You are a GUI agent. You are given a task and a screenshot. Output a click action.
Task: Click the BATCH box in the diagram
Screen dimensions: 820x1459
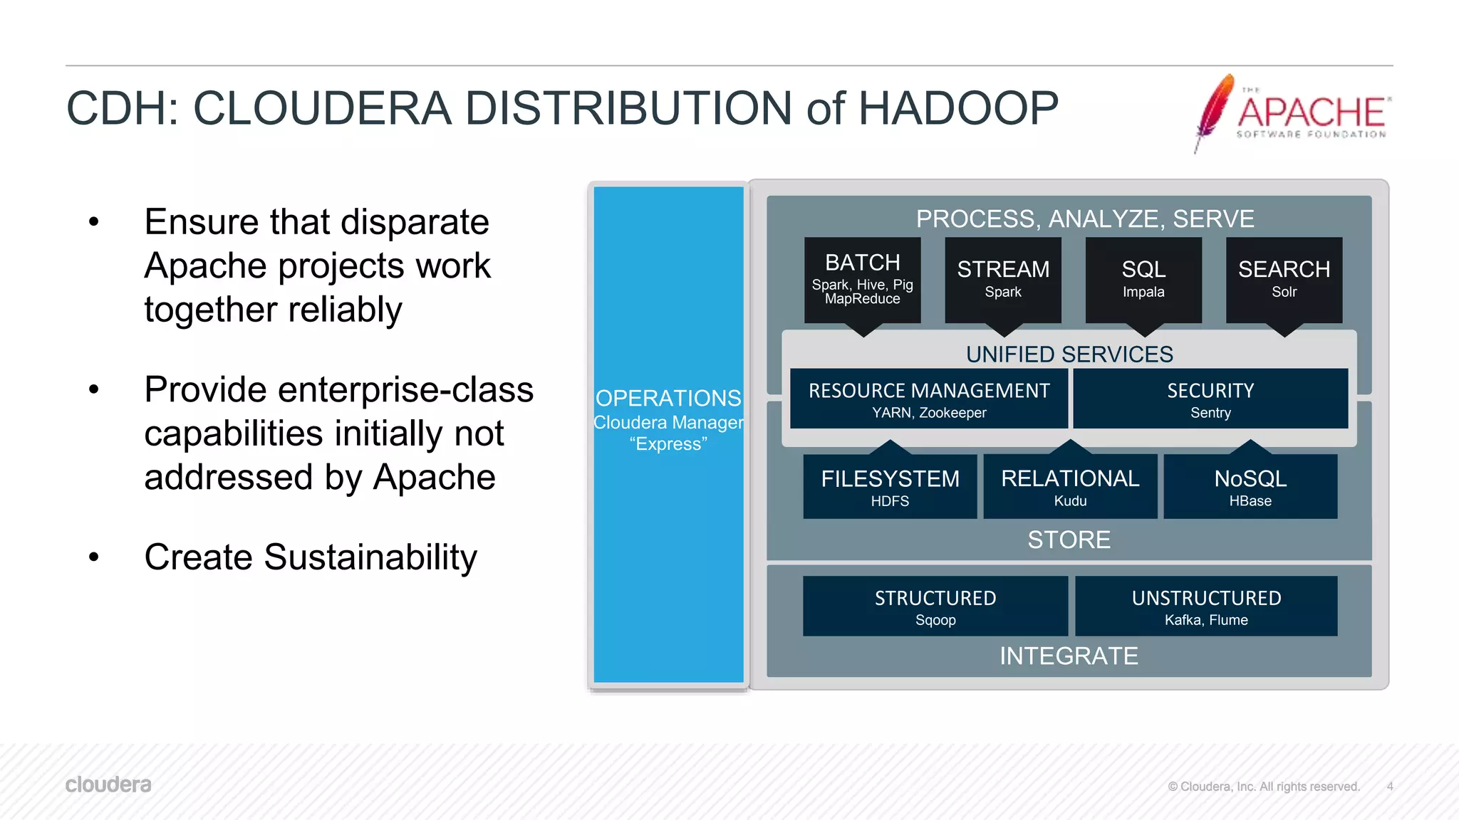coord(862,280)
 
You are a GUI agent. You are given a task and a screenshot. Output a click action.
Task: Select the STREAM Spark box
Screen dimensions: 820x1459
coord(1003,280)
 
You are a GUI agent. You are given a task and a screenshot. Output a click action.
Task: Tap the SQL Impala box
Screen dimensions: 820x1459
coord(1143,280)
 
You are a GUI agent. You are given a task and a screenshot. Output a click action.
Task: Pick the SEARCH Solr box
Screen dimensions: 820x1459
coord(1284,280)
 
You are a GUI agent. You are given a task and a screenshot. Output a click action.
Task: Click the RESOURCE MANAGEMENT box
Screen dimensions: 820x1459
coord(929,399)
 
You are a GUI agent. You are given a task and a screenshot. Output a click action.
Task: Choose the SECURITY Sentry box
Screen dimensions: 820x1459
coord(1210,399)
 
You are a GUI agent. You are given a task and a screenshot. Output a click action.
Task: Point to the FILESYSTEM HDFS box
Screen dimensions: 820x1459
coord(890,486)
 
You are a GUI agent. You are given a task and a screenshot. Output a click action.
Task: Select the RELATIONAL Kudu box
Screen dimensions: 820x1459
coord(1070,486)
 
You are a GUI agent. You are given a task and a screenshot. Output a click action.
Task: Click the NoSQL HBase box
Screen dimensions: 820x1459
coord(1250,486)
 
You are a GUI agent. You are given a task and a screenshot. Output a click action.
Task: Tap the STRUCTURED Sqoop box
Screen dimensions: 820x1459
coord(935,606)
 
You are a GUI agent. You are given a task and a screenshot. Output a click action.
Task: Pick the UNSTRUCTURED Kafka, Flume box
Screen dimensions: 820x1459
coord(1206,606)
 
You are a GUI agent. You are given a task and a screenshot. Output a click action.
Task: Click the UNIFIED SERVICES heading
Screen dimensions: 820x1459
coord(1069,354)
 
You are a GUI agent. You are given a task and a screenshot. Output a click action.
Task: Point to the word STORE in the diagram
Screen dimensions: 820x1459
coord(1069,540)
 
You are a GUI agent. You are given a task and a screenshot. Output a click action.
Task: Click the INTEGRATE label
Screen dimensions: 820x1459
coord(1069,656)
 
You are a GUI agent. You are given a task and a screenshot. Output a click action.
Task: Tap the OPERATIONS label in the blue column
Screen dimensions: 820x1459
coord(668,398)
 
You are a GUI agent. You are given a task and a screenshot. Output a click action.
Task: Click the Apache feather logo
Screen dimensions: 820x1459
coord(1215,110)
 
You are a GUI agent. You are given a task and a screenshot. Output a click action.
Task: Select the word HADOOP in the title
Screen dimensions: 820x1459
coord(958,109)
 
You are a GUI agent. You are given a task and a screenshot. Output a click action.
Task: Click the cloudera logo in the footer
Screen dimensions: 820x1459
coord(108,784)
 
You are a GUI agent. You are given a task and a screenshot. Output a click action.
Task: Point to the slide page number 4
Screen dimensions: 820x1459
coord(1389,787)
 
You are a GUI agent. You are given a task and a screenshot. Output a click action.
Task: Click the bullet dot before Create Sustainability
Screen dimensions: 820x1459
coord(94,557)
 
